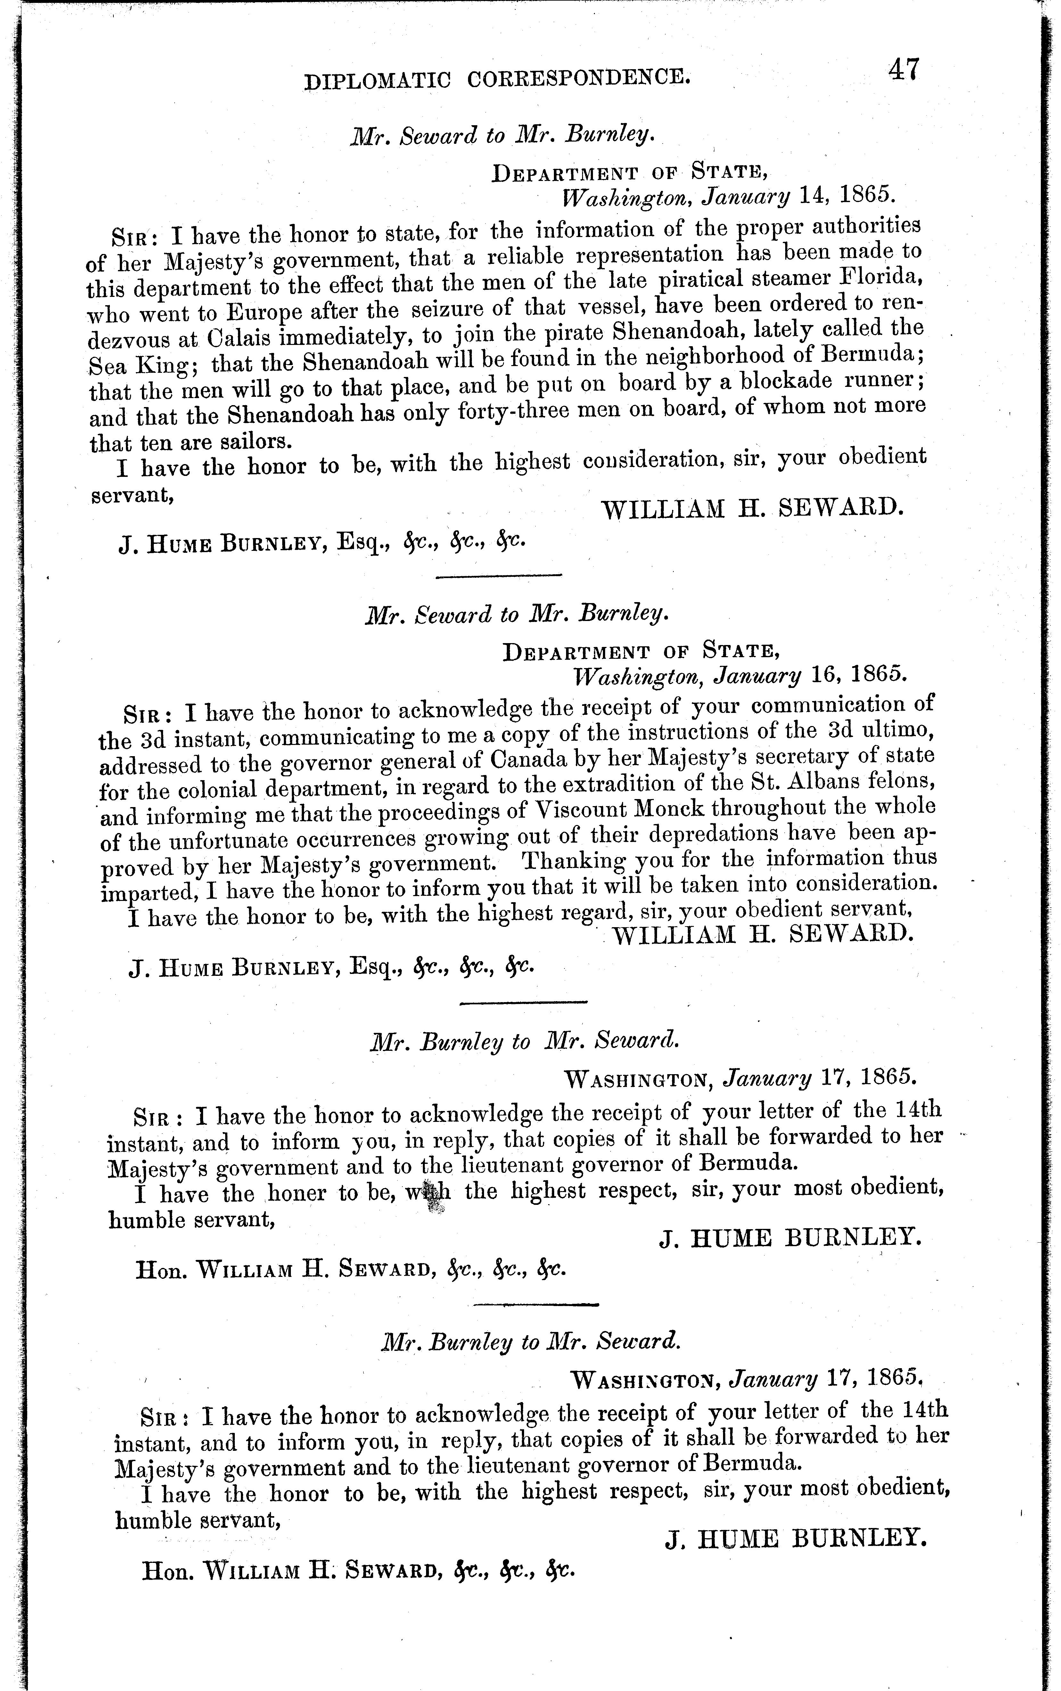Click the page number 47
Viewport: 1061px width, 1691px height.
tap(903, 71)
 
